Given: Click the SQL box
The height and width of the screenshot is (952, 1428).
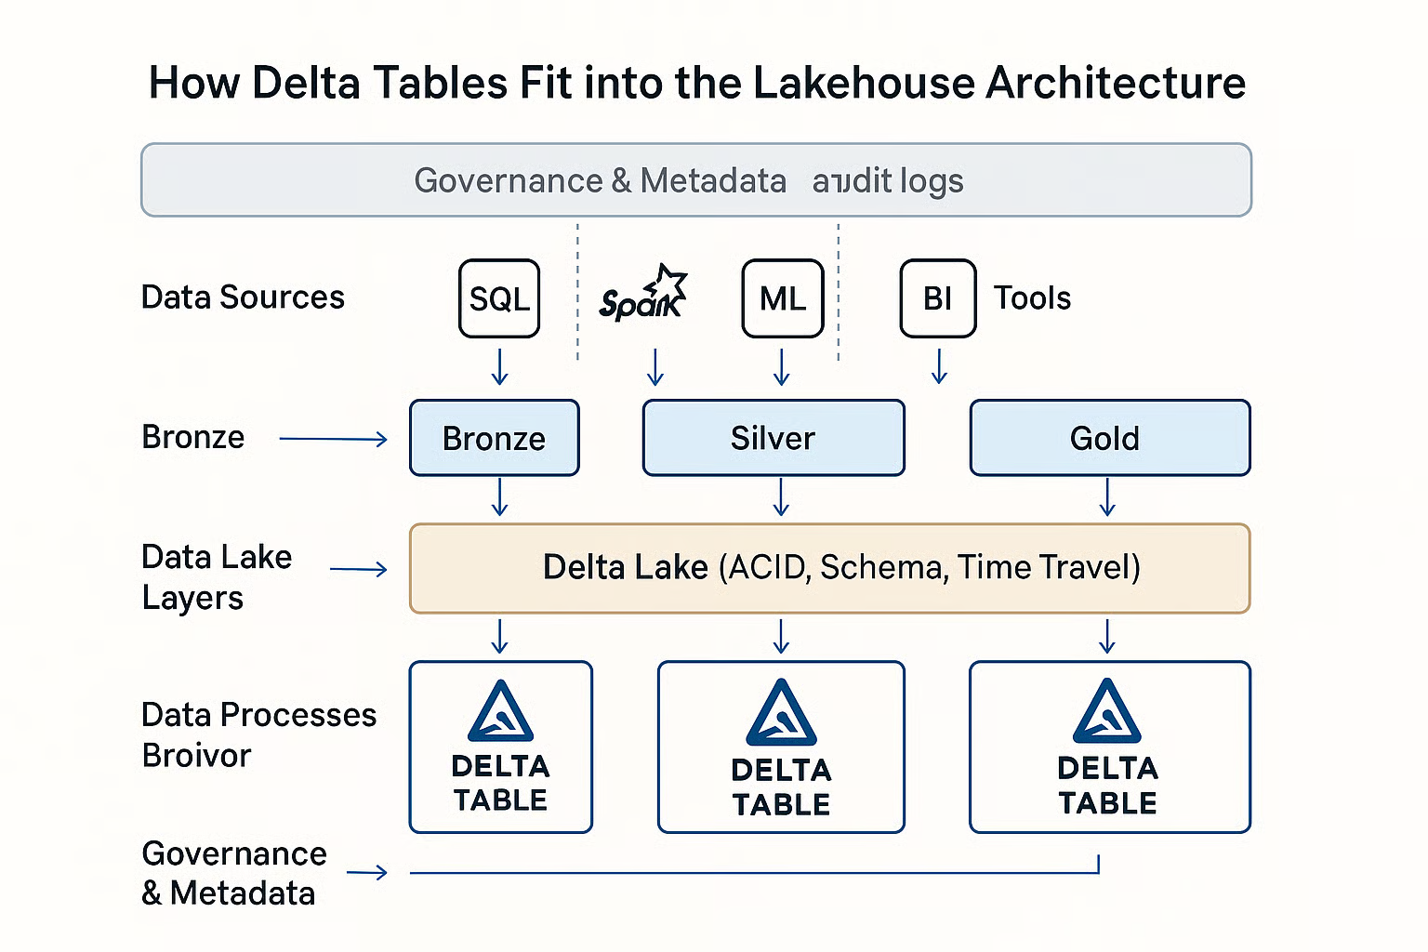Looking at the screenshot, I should tap(499, 298).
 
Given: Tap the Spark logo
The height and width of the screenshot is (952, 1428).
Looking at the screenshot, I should tap(641, 296).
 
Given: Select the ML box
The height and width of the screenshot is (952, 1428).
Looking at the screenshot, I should tap(782, 298).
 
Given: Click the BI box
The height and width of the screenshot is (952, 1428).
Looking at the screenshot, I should tap(937, 298).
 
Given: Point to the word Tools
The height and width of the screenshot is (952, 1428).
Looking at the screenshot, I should tap(1032, 298).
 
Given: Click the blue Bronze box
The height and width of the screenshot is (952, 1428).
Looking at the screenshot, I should tap(494, 438).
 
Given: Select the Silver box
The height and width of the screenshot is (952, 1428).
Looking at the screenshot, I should tap(773, 438).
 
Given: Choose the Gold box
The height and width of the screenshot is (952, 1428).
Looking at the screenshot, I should tap(1109, 438).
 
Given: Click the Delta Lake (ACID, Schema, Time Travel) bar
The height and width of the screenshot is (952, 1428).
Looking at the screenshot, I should tap(829, 568).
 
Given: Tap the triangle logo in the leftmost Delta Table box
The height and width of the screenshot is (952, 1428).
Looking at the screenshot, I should tap(501, 713).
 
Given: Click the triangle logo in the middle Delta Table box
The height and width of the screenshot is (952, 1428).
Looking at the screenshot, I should tap(781, 714).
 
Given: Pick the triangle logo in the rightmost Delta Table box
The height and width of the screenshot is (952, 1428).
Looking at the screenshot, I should tap(1106, 713).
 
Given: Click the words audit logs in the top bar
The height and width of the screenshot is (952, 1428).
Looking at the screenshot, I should tap(887, 180).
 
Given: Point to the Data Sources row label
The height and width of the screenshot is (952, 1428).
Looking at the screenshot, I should tap(243, 297).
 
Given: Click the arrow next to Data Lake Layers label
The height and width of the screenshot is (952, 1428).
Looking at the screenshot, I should tap(359, 569).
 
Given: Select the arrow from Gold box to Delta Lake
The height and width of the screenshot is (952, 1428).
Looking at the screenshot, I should tap(1106, 497).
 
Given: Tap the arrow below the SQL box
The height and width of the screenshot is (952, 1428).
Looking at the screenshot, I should tap(499, 367).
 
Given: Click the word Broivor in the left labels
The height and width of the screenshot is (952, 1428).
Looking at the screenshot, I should tap(196, 756).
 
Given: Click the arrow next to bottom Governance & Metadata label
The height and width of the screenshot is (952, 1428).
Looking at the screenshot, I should tap(367, 872).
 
